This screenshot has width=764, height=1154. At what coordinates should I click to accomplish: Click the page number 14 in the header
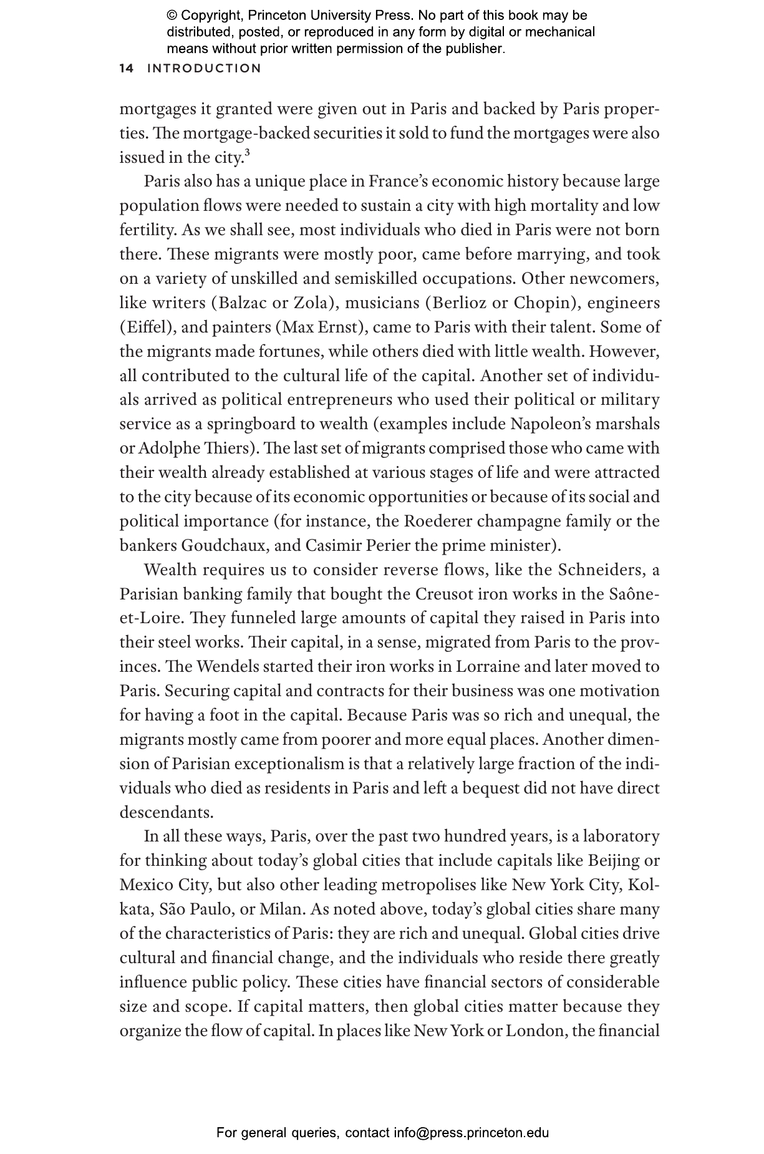point(126,69)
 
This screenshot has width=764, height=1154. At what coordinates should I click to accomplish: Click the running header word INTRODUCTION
point(204,69)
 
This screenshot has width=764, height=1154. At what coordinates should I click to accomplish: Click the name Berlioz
point(460,303)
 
